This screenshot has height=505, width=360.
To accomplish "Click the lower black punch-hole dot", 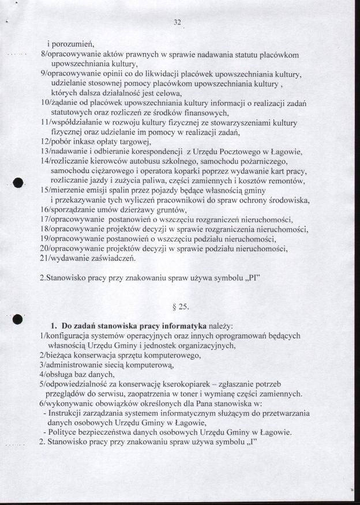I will coord(18,321).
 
